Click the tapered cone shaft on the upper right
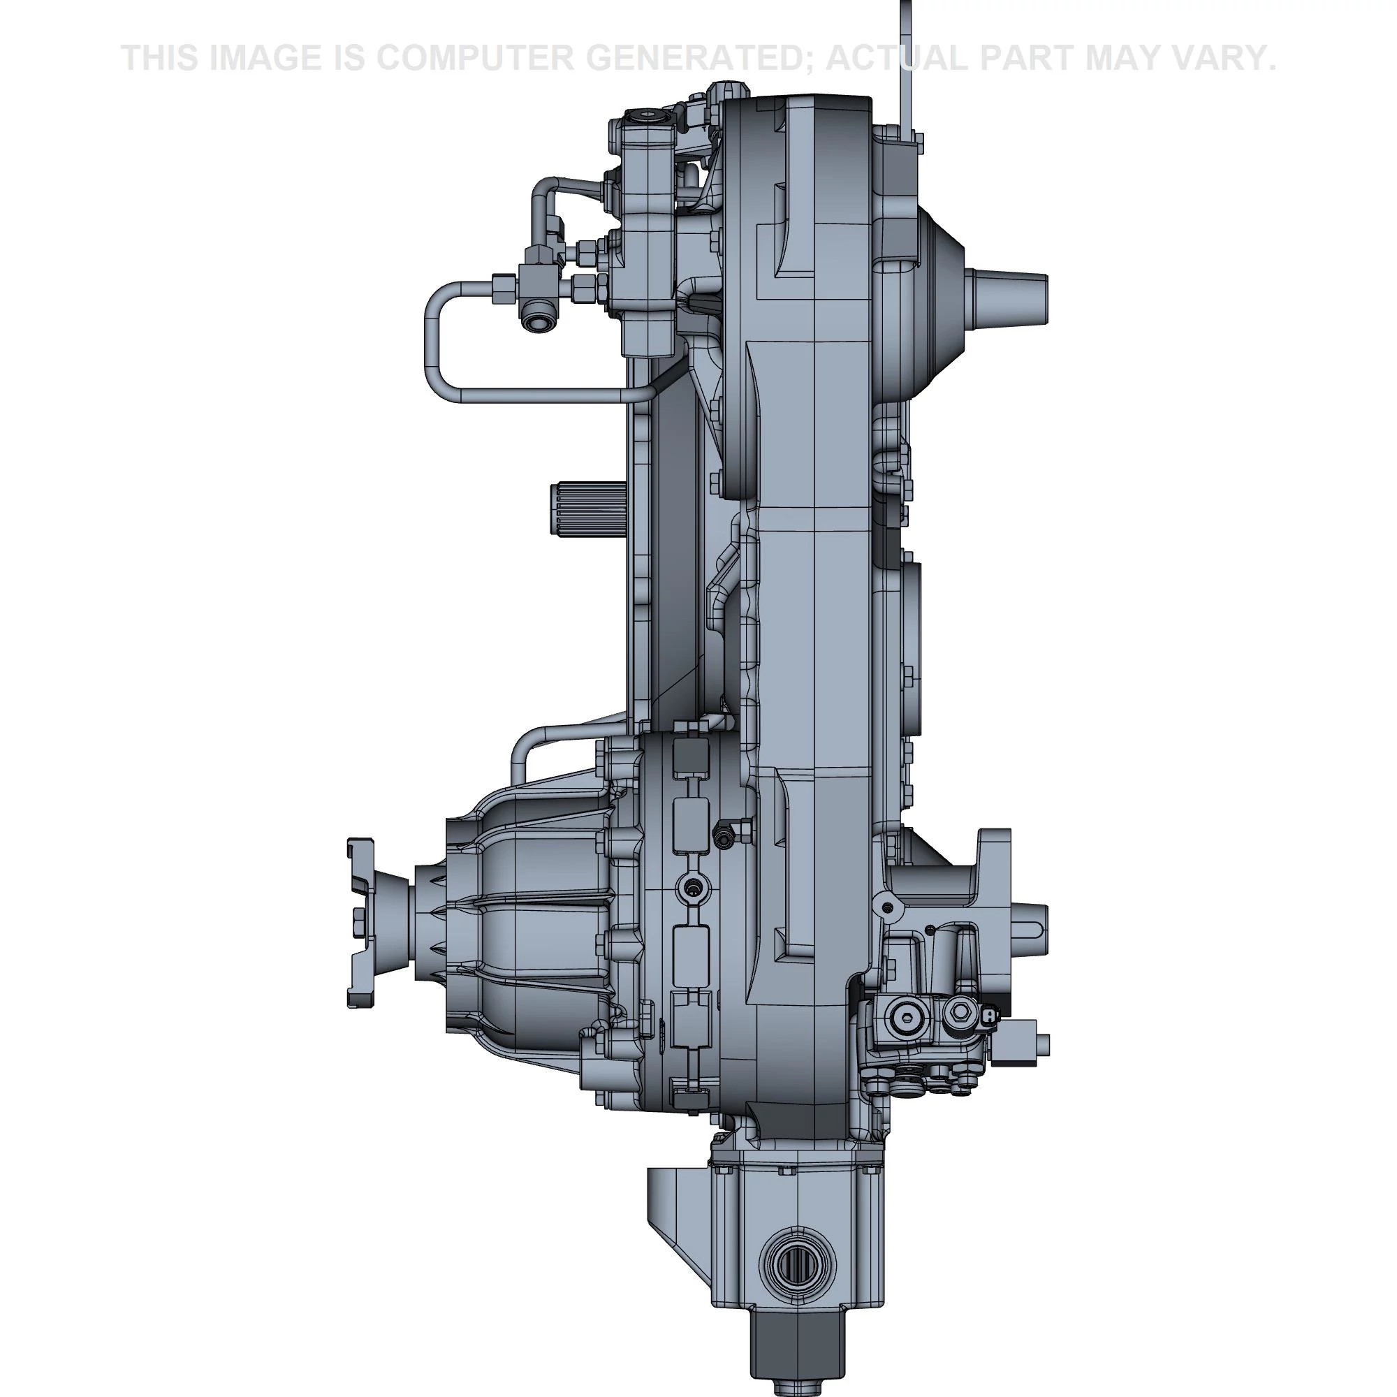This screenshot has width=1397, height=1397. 1012,296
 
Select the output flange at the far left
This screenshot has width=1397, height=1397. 361,923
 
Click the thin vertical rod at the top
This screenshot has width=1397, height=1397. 906,68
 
